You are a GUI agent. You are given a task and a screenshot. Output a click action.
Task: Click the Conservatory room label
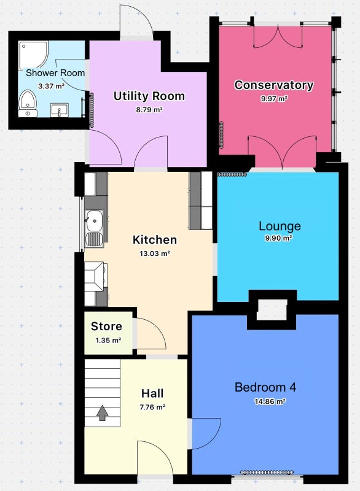click(x=274, y=85)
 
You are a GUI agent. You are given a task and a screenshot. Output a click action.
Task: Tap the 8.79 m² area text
click(x=149, y=110)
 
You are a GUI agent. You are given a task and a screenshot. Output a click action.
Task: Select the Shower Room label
click(x=55, y=73)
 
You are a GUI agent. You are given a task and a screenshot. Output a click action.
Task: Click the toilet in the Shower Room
click(x=28, y=104)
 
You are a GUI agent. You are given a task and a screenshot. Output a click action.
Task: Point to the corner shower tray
click(x=33, y=55)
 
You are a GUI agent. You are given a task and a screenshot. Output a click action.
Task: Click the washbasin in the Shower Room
click(x=60, y=110)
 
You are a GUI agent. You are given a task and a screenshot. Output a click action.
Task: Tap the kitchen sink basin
click(x=94, y=220)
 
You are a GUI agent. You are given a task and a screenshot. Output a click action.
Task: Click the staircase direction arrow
click(x=102, y=412)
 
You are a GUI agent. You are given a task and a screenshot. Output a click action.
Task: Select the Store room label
click(x=106, y=327)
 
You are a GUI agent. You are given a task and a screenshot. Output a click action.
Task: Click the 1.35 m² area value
click(x=108, y=340)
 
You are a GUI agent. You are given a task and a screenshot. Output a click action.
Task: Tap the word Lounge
click(x=280, y=226)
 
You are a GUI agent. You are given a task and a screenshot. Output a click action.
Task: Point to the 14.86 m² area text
click(x=270, y=401)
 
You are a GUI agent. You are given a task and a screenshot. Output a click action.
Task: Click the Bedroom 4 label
click(x=265, y=387)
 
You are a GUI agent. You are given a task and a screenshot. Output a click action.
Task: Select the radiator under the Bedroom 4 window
click(x=267, y=472)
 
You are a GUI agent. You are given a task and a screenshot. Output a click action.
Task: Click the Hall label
click(x=152, y=393)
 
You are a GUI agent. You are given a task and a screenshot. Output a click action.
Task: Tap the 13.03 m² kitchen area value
click(x=155, y=253)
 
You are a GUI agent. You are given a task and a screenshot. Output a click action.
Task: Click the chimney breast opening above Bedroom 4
click(x=272, y=310)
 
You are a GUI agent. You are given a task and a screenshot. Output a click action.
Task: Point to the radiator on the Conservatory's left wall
click(x=222, y=134)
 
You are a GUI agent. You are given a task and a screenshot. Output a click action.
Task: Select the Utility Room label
click(x=149, y=96)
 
